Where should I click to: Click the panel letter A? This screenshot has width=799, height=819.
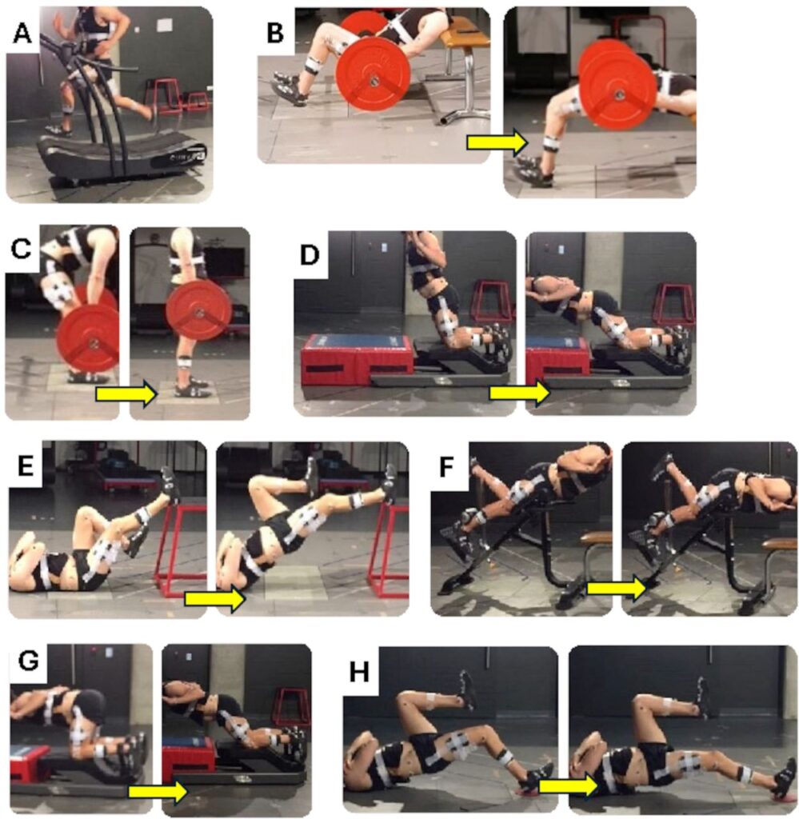pyautogui.click(x=22, y=34)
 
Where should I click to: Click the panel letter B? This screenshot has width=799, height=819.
pyautogui.click(x=275, y=34)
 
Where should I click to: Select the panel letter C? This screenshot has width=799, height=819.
pyautogui.click(x=22, y=249)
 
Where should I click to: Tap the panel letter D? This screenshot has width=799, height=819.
pyautogui.click(x=310, y=254)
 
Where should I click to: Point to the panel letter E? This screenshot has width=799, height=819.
pyautogui.click(x=26, y=466)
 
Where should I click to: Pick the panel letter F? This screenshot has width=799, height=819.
pyautogui.click(x=446, y=467)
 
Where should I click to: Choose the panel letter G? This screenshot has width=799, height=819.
pyautogui.click(x=28, y=661)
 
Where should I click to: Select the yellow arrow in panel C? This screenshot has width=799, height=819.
pyautogui.click(x=126, y=393)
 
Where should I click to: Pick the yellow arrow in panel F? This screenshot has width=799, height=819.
pyautogui.click(x=617, y=588)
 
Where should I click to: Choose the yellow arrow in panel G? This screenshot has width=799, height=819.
pyautogui.click(x=158, y=792)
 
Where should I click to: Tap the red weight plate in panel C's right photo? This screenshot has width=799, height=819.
pyautogui.click(x=199, y=311)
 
